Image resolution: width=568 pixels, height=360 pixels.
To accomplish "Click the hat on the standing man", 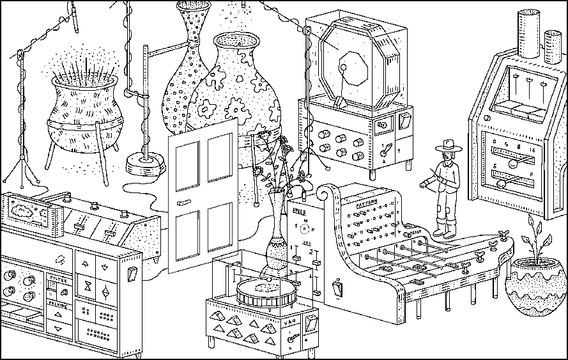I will tap(447, 147).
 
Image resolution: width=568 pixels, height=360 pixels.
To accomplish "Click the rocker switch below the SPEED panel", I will tap(337, 288).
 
